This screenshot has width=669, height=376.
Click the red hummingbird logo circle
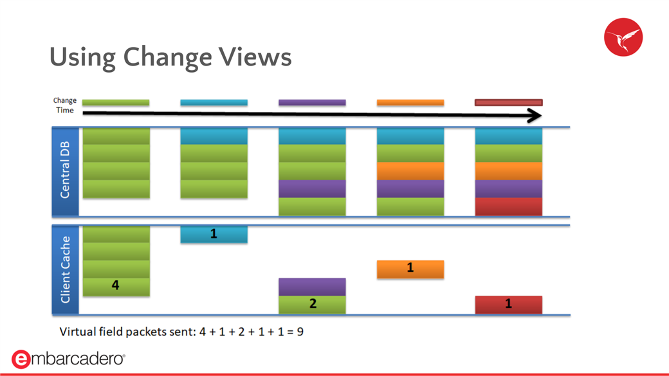coord(623,37)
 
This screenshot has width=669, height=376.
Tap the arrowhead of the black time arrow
coord(535,116)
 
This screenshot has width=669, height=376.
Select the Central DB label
coord(65,170)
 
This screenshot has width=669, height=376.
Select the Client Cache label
coord(65,270)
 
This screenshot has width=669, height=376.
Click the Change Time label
coord(65,105)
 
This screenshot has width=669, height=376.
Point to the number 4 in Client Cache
coord(115,285)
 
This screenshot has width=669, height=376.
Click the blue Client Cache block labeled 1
coord(214,234)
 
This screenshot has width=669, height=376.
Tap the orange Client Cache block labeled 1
coord(410,269)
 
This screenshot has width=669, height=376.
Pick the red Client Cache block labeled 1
coord(509,305)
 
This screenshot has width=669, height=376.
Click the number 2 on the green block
coord(313,303)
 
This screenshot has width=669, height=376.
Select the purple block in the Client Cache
coord(312,287)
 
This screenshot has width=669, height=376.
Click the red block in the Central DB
coord(509,207)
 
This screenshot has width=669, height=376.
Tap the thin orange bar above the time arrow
coord(410,102)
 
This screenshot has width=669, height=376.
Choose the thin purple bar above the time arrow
coord(312,102)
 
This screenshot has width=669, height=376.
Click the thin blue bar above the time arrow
coord(214,102)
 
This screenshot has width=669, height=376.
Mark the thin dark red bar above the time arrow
coord(509,102)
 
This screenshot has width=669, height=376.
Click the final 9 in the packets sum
coord(300,332)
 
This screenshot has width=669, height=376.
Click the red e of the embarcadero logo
coord(21,359)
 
